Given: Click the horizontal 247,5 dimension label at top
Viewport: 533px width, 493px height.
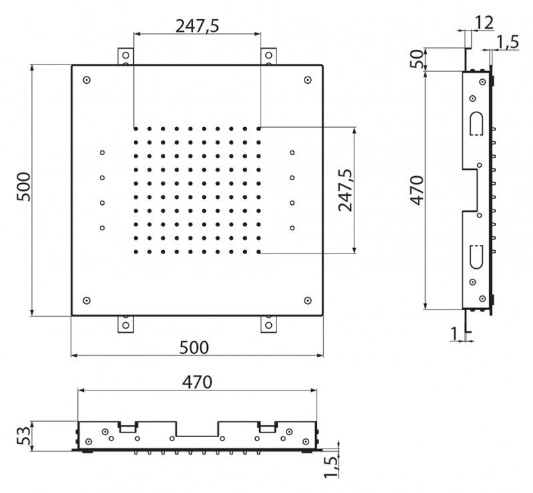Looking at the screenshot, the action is [x=197, y=26].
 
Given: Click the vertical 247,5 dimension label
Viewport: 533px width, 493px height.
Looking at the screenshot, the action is [x=346, y=190].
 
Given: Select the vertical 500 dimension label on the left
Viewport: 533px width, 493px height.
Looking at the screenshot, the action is [x=24, y=187].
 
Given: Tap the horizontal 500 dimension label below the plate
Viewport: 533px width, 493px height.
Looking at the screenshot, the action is [x=194, y=347].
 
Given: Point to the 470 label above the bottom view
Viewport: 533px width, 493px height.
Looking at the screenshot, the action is [x=197, y=383].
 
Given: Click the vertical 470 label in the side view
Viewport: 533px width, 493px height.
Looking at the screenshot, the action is [x=417, y=190].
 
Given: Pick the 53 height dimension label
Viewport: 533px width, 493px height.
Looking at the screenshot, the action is [x=24, y=437].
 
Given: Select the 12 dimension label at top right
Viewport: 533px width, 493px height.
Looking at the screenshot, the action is [x=484, y=23].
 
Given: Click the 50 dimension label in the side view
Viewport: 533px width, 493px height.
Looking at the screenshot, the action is [x=418, y=59].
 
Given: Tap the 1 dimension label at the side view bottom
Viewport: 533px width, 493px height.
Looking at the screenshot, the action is [x=454, y=333].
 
